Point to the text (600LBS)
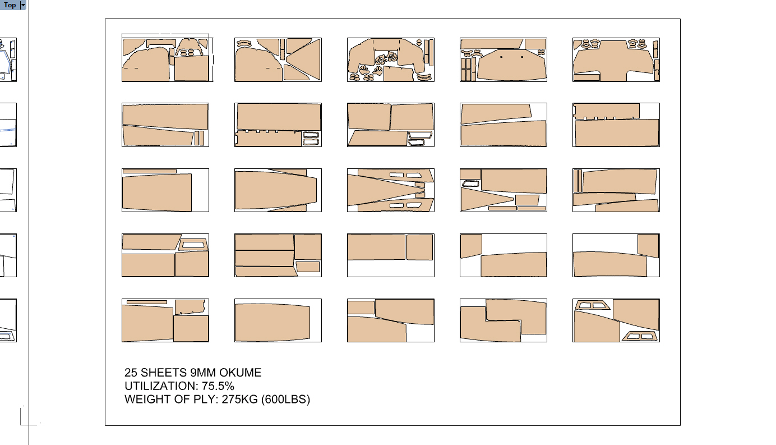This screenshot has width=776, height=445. tap(285, 399)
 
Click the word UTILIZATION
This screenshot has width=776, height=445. tap(162, 386)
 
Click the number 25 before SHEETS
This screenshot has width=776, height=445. tap(131, 373)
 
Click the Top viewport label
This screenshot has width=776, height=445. tap(10, 5)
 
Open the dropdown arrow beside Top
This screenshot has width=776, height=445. tap(23, 5)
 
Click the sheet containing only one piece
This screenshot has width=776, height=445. tap(278, 320)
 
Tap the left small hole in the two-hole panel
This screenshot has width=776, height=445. tap(501, 57)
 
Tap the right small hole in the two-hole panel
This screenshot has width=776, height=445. tap(522, 57)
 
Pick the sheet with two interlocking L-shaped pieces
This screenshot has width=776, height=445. tap(504, 320)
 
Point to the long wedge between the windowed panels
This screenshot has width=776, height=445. tap(386, 190)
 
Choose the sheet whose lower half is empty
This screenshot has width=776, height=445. tap(391, 255)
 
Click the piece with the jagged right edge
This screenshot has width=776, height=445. tap(190, 307)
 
